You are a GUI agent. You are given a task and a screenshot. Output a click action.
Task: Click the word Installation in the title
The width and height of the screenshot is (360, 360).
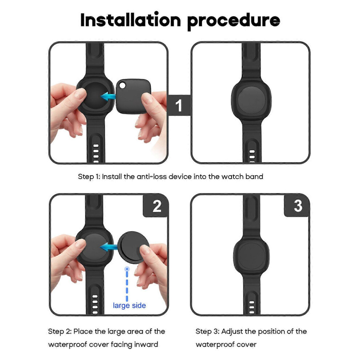(131, 20)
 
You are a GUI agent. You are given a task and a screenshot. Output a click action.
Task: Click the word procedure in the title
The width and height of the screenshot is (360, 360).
(234, 21)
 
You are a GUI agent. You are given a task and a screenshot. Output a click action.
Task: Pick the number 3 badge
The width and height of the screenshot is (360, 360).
(298, 206)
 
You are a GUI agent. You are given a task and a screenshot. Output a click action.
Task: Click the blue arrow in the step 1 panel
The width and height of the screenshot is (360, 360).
(108, 96)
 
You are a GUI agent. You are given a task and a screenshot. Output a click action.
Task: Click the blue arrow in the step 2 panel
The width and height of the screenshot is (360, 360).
(109, 247)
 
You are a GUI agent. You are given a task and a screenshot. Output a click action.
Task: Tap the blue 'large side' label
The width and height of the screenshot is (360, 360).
(129, 305)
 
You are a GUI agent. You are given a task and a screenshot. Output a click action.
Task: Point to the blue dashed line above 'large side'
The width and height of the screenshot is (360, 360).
(127, 284)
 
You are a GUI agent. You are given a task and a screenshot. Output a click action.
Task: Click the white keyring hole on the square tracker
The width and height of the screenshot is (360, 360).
(123, 86)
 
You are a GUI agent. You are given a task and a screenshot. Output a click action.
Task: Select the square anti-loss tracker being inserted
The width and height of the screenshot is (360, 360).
(133, 96)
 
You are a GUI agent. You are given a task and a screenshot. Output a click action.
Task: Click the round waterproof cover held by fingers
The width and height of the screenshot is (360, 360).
(133, 247)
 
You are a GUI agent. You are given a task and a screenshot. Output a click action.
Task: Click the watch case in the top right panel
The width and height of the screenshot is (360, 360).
(251, 100)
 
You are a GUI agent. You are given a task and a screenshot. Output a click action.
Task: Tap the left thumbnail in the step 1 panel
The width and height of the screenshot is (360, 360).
(80, 93)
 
